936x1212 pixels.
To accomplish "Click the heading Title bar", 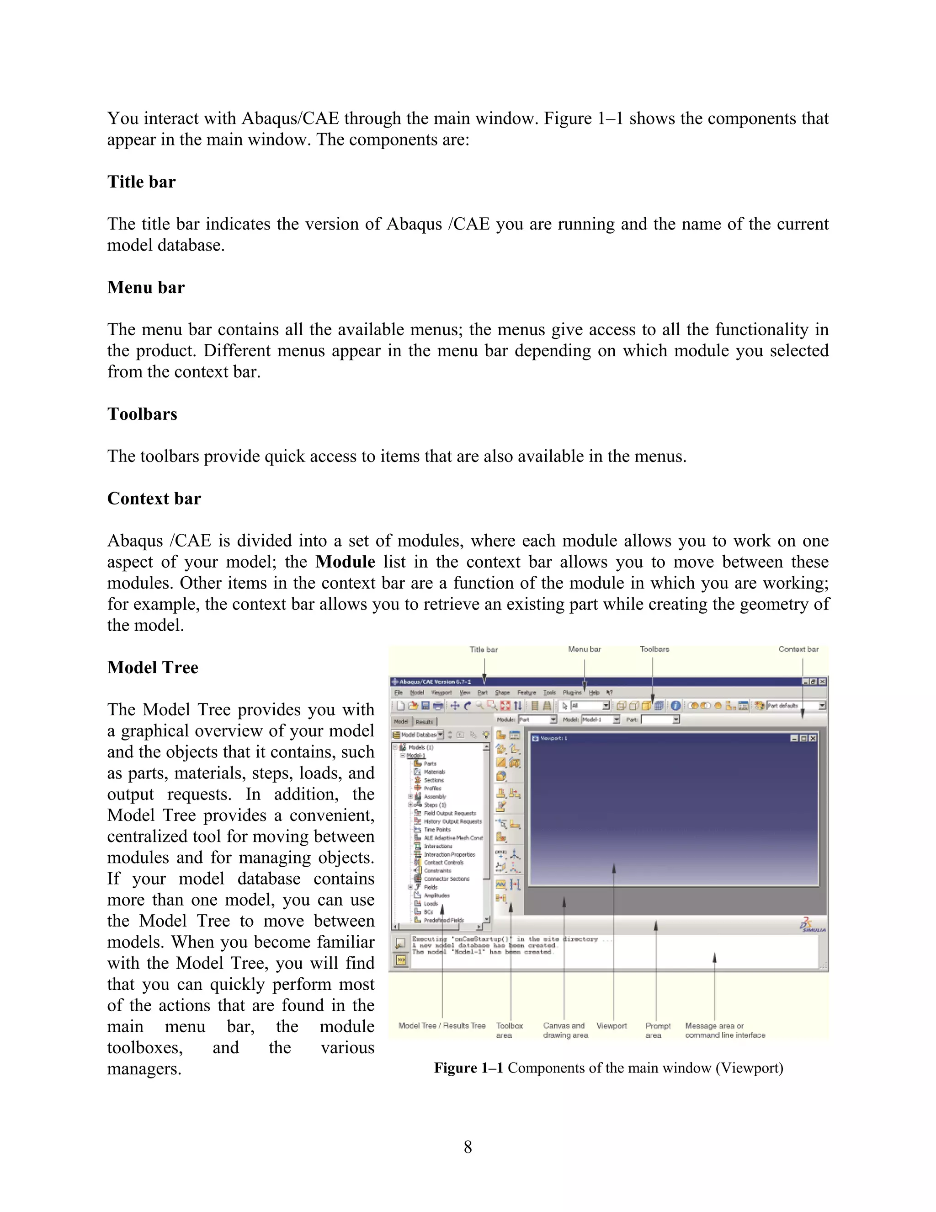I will coord(141,182).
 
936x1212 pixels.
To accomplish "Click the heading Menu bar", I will coord(146,288).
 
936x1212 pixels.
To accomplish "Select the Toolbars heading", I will coord(142,414).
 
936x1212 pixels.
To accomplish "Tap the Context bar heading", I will coord(154,499).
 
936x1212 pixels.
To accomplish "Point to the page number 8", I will coord(468,1147).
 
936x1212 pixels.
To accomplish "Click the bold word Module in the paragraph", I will coord(345,562).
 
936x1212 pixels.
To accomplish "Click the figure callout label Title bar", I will coord(484,649).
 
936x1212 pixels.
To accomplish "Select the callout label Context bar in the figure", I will coord(798,649).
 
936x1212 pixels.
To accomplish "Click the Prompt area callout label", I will coord(658,1030).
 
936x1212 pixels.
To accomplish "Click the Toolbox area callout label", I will coord(509,1030).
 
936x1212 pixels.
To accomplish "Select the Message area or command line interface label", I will coord(724,1030).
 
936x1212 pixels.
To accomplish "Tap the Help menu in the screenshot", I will coord(594,692).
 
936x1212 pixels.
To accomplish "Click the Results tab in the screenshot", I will coord(424,721).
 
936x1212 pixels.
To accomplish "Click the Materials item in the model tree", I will coord(434,772).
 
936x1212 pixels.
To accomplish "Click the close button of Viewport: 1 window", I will coord(813,738).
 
